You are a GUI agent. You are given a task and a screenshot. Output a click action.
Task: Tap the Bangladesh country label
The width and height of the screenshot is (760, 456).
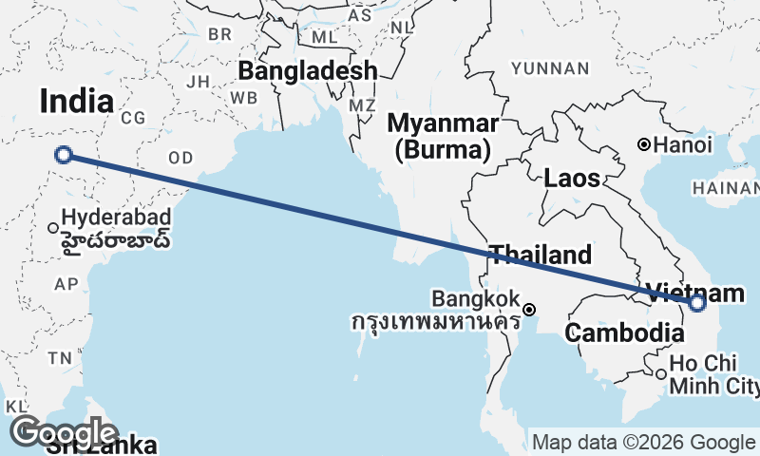click(x=307, y=70)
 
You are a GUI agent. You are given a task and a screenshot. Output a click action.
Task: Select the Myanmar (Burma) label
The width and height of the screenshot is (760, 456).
click(x=444, y=136)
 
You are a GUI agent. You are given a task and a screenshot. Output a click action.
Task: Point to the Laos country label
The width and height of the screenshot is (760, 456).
click(x=572, y=178)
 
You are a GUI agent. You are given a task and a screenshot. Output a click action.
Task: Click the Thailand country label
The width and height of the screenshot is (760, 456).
click(x=540, y=255)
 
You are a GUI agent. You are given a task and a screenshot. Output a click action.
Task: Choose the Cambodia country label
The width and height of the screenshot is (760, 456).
click(x=624, y=333)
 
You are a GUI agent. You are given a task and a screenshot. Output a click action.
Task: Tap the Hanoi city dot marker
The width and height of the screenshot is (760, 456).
click(x=644, y=145)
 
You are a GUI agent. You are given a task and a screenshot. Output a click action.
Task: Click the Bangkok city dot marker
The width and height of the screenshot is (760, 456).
click(x=529, y=309)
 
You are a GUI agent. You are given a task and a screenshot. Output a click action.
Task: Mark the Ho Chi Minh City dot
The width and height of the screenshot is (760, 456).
click(x=661, y=373)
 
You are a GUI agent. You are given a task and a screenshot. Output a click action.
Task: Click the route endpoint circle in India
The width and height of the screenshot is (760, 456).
click(x=64, y=155)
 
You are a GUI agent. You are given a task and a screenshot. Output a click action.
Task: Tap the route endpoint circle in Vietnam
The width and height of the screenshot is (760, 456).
click(x=697, y=303)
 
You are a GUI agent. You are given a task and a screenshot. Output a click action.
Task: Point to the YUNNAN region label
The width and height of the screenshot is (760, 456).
click(x=550, y=67)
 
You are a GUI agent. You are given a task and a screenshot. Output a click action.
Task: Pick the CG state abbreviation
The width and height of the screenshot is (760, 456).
click(x=132, y=117)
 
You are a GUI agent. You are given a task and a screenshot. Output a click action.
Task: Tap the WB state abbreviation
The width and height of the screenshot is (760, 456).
click(x=244, y=98)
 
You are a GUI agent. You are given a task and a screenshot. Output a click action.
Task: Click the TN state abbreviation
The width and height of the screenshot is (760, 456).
click(x=61, y=358)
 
